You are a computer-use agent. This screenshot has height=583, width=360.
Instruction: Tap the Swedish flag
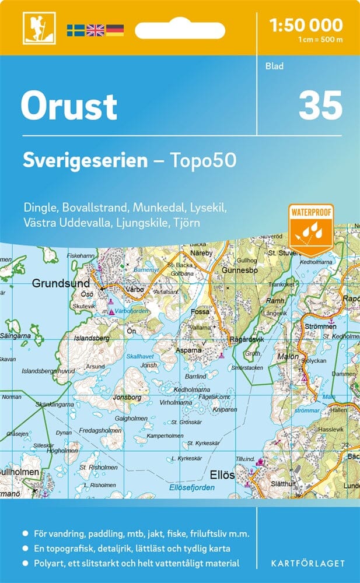[75, 30]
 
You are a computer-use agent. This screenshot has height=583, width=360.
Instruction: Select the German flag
[115, 30]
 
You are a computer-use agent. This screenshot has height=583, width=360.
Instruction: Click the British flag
[95, 30]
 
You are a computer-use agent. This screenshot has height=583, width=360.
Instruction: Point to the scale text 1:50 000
[306, 25]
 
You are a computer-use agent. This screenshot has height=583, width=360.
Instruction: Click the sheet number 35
[320, 106]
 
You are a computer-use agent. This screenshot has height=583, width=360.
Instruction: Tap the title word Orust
[69, 107]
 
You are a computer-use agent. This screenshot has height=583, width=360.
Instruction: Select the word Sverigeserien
[85, 161]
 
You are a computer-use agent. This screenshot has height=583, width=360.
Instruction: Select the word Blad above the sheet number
[274, 66]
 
